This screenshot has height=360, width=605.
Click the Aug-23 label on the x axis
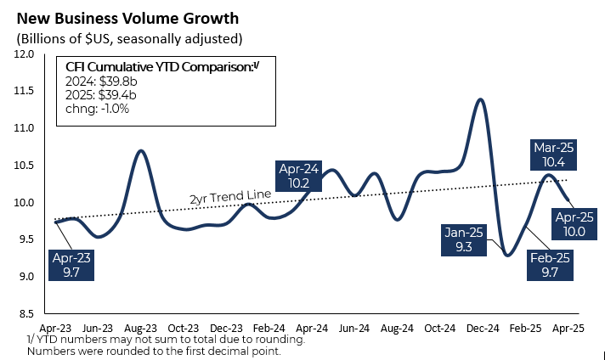click(139, 327)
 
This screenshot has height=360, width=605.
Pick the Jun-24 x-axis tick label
click(354, 327)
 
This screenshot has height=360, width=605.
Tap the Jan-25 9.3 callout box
click(464, 240)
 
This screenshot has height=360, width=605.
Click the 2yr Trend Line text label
click(229, 197)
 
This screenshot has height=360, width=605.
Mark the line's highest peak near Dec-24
click(481, 99)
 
